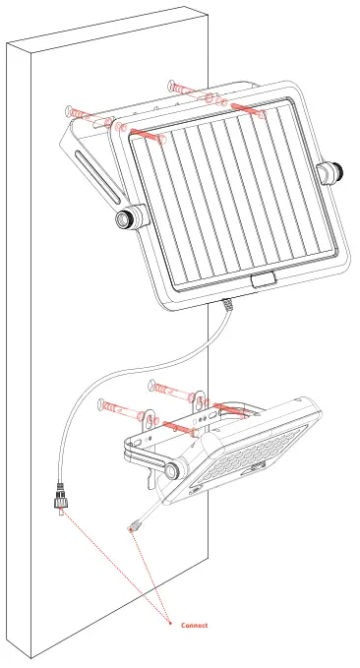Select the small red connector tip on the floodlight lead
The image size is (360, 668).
132,530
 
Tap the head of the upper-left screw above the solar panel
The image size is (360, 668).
71,111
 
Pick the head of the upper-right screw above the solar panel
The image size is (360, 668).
174,85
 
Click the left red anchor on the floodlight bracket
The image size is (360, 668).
173,426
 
